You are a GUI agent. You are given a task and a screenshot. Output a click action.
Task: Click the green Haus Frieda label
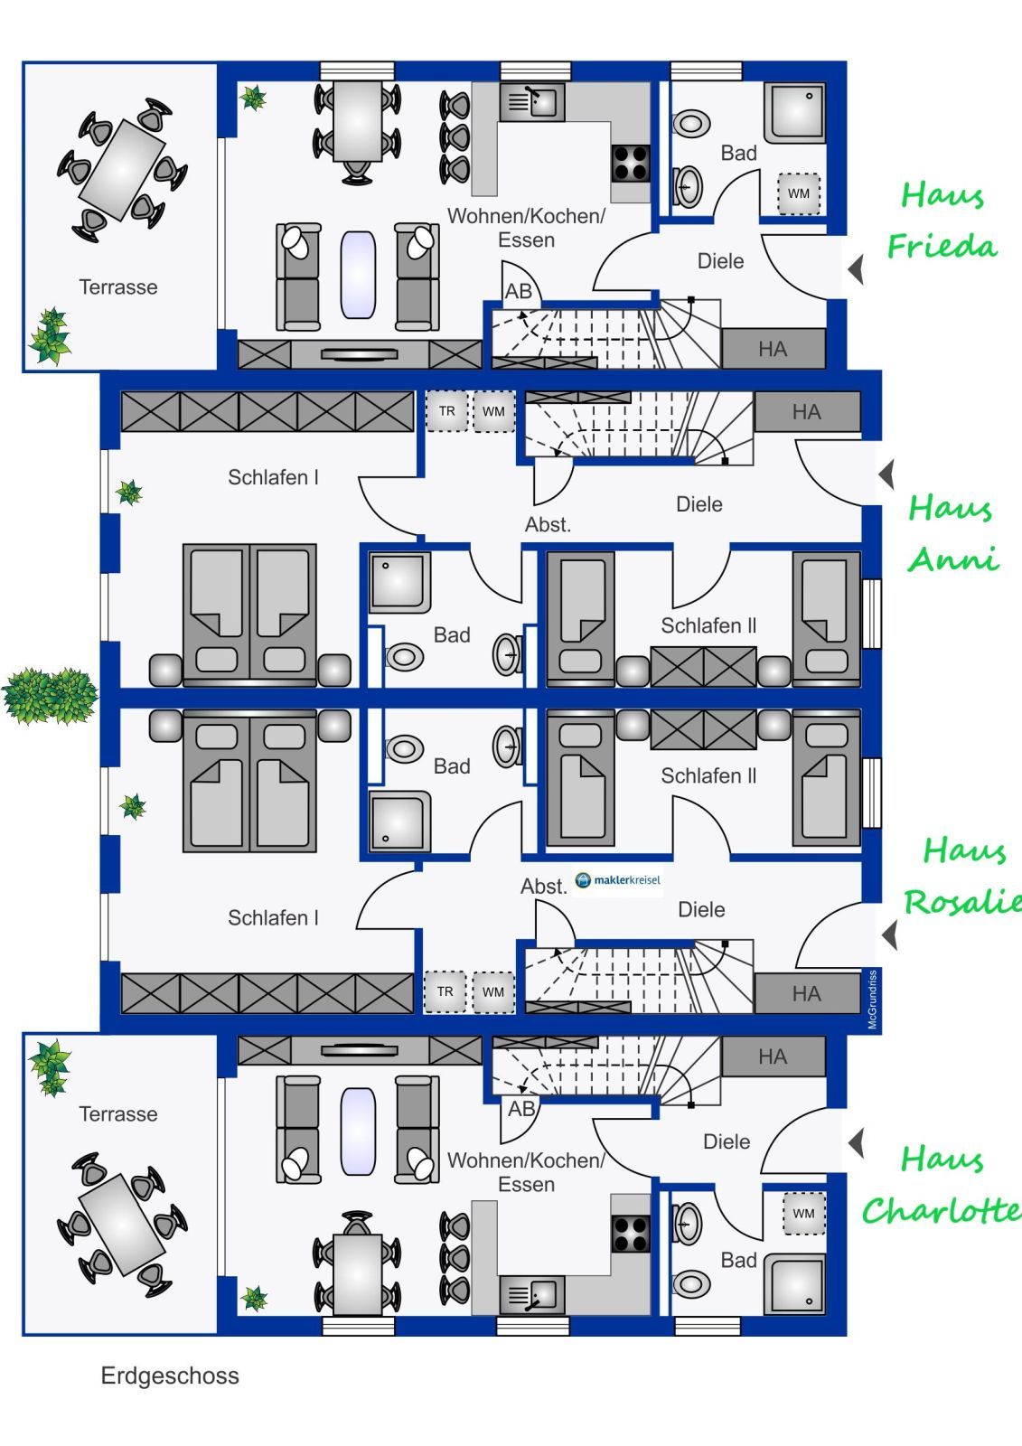click(x=942, y=221)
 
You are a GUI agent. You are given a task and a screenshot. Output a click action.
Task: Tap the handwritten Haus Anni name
click(x=952, y=533)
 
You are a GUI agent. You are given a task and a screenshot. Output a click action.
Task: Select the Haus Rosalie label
click(x=961, y=877)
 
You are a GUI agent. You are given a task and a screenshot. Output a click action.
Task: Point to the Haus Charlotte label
click(x=942, y=1185)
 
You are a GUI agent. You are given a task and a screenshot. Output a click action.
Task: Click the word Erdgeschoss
click(x=170, y=1376)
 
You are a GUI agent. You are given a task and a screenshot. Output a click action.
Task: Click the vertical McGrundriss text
click(x=873, y=1000)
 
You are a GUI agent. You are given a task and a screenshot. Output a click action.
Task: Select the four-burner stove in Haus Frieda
click(x=630, y=164)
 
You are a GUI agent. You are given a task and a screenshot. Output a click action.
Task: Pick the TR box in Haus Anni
click(x=447, y=411)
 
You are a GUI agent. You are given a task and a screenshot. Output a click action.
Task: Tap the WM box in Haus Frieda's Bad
click(x=799, y=193)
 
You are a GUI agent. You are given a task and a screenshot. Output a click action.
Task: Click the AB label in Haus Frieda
click(x=519, y=291)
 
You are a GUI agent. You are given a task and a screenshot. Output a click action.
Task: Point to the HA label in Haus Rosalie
click(x=806, y=994)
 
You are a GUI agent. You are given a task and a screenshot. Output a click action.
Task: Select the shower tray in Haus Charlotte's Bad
click(x=795, y=1284)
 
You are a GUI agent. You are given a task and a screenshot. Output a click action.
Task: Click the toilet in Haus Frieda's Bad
click(x=691, y=123)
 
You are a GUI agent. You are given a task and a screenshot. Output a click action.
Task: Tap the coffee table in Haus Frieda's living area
click(x=358, y=275)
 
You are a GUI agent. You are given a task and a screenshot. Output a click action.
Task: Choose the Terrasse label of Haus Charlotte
click(x=118, y=1113)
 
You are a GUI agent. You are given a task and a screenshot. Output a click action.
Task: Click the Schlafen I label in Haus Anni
click(x=273, y=477)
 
